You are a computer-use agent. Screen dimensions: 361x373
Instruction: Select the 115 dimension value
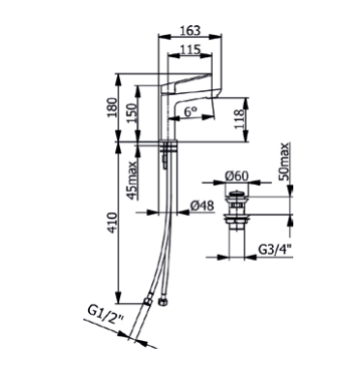(190, 49)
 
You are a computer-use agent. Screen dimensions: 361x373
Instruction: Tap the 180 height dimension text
(113, 108)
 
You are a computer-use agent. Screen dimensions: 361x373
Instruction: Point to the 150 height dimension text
(132, 113)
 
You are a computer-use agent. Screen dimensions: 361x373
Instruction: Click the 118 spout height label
(239, 119)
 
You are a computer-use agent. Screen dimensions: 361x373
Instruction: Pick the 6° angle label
(191, 111)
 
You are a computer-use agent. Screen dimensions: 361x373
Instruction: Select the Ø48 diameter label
(202, 205)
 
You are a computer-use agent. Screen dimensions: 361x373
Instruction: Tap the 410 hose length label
(113, 223)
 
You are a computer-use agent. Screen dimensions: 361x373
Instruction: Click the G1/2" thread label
(105, 313)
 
